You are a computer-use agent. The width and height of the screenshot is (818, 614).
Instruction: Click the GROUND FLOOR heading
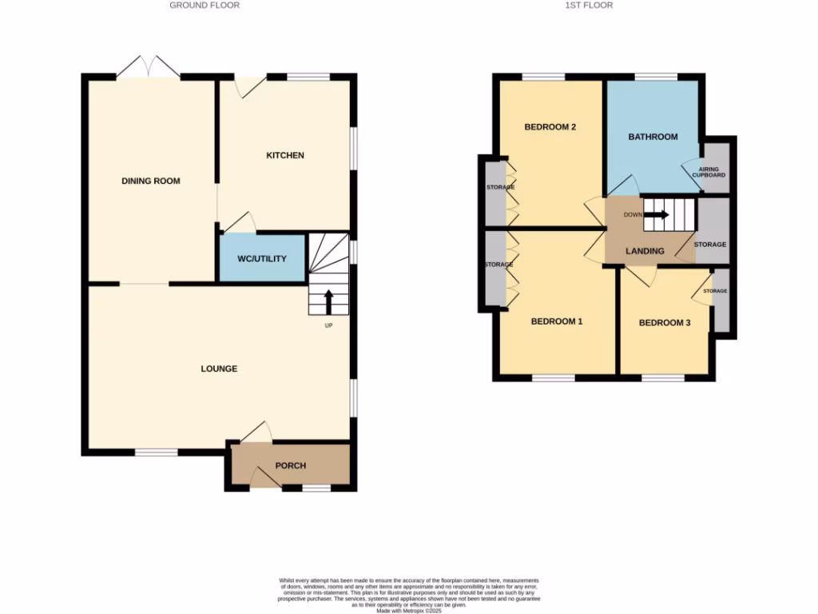pos(204,6)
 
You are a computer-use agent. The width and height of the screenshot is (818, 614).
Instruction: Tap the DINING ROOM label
pos(151,181)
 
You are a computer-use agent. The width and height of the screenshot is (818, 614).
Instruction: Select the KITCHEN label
pos(285,155)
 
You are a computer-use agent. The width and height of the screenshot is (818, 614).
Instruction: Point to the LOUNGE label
pos(219,369)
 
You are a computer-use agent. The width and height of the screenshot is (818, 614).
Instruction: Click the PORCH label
pos(290,465)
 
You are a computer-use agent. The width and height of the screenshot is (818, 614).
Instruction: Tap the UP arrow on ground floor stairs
pos(328,302)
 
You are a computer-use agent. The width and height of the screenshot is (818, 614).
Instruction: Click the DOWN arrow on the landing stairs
pos(657,214)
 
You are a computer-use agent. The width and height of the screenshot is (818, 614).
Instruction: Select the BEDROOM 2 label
pos(550,127)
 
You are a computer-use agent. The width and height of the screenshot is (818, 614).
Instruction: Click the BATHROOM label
pos(653,137)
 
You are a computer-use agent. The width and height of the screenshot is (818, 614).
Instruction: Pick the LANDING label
pos(645,251)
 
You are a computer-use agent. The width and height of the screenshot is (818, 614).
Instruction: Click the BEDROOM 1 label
pos(557,321)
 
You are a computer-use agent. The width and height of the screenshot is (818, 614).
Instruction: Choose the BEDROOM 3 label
pos(665,323)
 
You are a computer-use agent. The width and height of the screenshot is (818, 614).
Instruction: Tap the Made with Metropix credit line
pos(408,610)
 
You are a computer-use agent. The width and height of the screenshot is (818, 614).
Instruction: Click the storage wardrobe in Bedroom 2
pos(496,192)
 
